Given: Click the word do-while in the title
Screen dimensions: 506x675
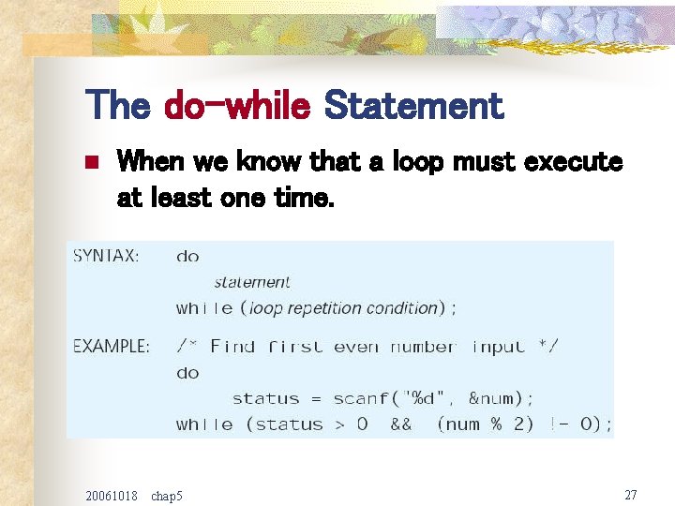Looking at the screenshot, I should click(236, 106).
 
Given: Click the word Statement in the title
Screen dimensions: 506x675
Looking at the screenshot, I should click(413, 106).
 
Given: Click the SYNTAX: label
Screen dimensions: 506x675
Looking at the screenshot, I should click(107, 256).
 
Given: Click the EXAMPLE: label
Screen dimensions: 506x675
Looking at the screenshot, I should click(112, 346).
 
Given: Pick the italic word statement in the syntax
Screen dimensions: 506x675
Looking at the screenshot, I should click(252, 281).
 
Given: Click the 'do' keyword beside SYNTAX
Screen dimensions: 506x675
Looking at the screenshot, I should click(187, 256).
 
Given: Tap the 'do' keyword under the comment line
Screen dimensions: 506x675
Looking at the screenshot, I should click(187, 373).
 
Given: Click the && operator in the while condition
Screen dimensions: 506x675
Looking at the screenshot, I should click(400, 424).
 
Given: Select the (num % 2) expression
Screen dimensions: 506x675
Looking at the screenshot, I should click(486, 424).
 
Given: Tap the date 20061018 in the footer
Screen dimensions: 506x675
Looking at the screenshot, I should click(111, 495).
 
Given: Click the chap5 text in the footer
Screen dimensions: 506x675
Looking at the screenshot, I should click(167, 495).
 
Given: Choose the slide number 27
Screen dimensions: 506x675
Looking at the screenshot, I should click(630, 494).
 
